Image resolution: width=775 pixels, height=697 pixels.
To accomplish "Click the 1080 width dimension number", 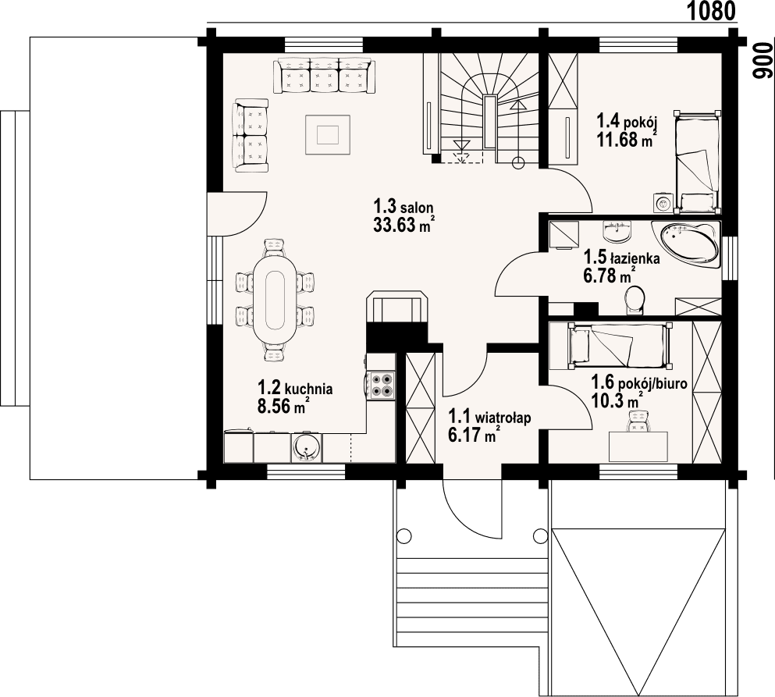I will (x=712, y=11).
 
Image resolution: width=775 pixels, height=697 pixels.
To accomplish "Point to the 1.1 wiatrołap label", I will (x=489, y=418).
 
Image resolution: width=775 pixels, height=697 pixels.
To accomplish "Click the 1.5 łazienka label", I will (x=622, y=257).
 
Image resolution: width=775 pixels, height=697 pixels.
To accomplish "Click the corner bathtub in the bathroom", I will (x=688, y=241).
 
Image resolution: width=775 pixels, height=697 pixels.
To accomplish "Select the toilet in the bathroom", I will (x=635, y=299).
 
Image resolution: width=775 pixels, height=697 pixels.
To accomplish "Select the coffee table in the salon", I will (x=328, y=132).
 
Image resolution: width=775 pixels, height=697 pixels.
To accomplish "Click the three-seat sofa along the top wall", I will (x=324, y=76).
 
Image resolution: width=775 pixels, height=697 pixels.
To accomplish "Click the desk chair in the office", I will (x=638, y=421).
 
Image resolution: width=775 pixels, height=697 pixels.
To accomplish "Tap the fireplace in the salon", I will (x=398, y=309).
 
